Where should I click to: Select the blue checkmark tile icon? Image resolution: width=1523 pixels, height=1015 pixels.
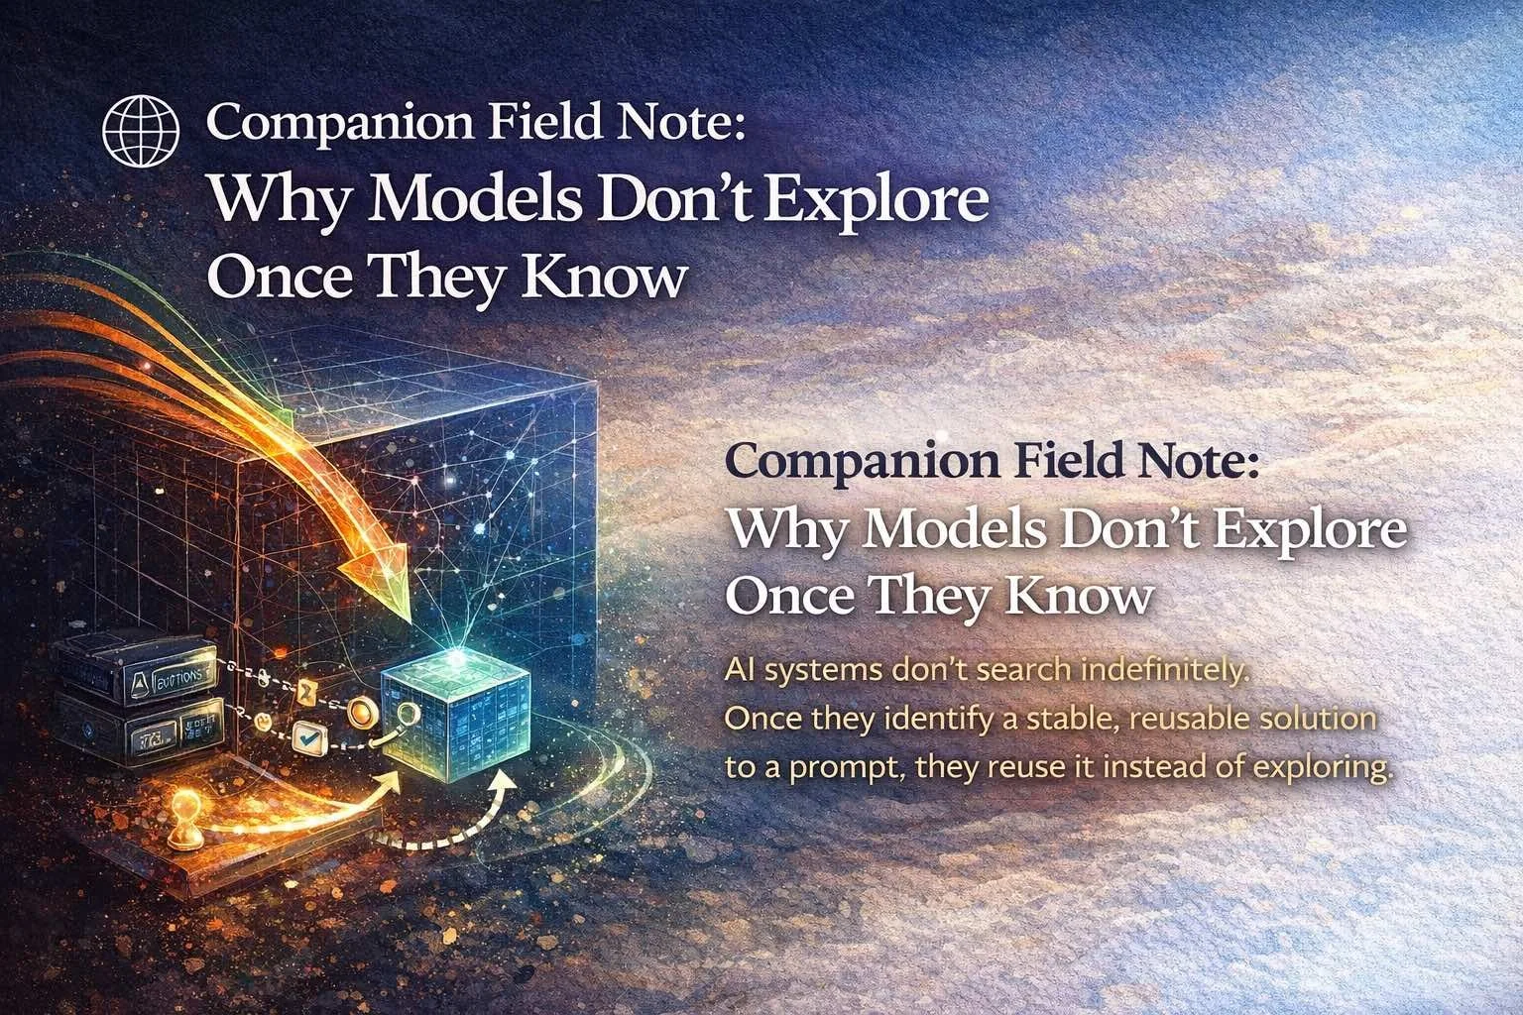point(313,736)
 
